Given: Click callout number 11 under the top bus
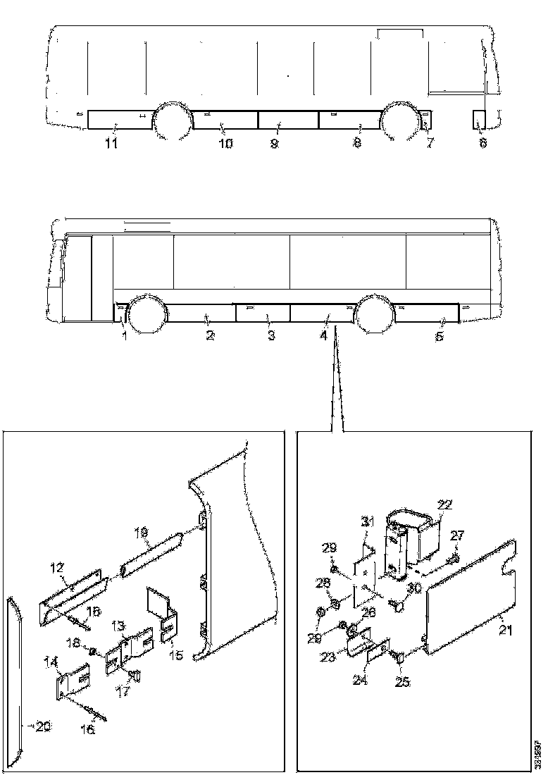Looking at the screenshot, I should [x=111, y=144].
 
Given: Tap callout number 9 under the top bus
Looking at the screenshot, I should [x=274, y=144].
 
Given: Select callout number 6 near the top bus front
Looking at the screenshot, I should [x=482, y=143].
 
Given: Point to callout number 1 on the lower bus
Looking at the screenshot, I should [x=124, y=336].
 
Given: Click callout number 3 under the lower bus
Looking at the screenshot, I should [x=271, y=336].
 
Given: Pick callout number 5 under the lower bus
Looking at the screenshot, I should [x=440, y=336].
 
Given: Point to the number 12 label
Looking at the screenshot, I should [x=58, y=567].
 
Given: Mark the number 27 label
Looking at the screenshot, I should [x=458, y=536].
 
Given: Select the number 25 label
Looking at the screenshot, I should [x=401, y=682].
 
